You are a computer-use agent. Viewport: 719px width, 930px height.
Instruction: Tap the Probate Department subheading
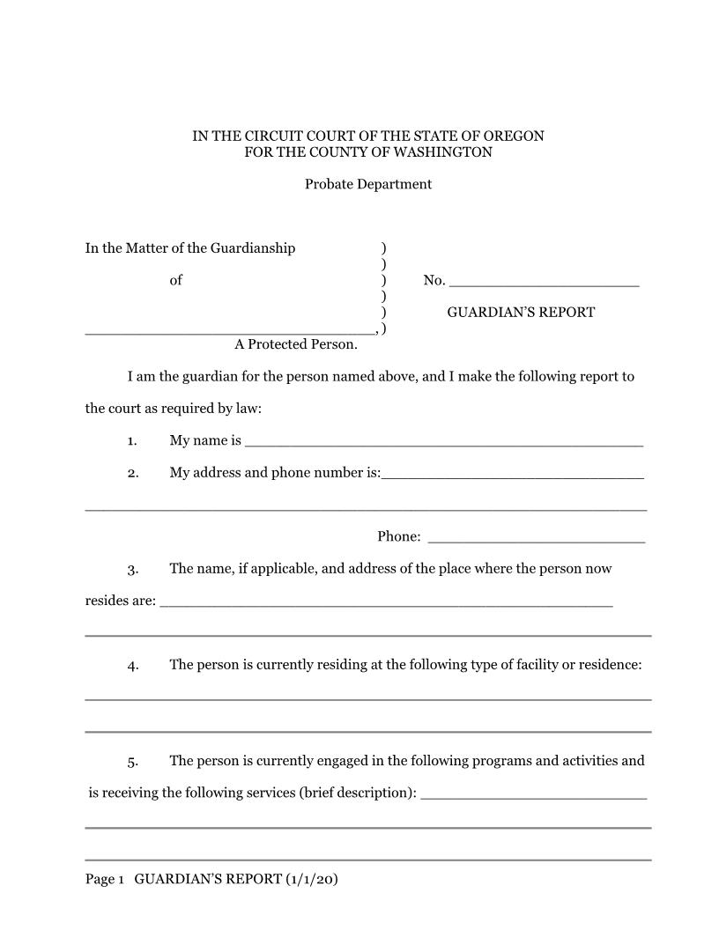(x=368, y=184)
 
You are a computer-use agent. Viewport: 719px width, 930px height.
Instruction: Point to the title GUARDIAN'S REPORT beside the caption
(x=521, y=313)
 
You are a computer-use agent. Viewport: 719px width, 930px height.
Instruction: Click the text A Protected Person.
(x=296, y=344)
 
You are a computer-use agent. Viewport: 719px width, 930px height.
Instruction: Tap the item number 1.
(x=132, y=441)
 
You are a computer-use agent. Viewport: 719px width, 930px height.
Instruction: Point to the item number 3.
(x=132, y=570)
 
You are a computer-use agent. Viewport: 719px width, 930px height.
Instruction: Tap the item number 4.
(x=132, y=666)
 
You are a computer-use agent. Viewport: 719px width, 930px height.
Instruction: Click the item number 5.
(x=132, y=762)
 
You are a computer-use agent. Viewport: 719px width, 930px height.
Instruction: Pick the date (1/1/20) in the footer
(x=312, y=880)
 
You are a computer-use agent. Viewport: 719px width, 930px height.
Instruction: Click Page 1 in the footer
(x=105, y=880)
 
